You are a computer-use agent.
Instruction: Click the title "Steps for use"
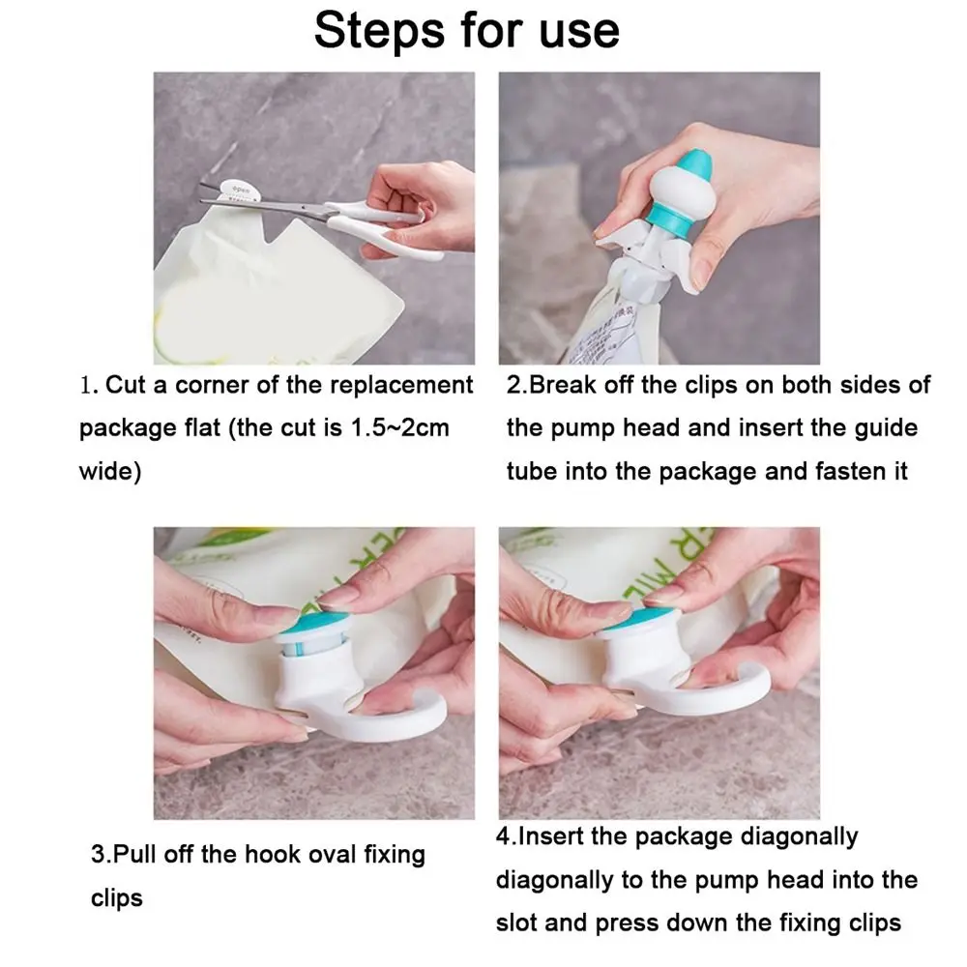(x=467, y=30)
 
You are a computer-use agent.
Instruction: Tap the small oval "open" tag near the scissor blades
(x=238, y=190)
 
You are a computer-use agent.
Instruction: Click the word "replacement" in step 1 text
(x=401, y=386)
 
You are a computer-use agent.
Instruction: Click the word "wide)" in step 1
(x=110, y=471)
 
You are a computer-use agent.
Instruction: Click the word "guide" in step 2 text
(x=886, y=428)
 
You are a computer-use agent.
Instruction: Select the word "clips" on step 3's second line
(x=117, y=898)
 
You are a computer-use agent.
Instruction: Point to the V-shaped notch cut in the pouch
(x=275, y=231)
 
